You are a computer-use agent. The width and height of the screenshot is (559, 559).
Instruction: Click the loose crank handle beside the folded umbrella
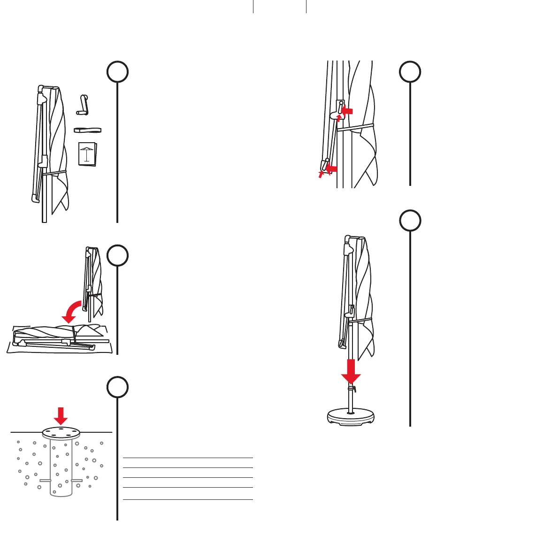coord(83,106)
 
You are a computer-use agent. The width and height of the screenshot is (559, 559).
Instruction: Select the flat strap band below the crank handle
coord(88,130)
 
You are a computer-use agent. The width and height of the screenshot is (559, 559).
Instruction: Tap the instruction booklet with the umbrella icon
coord(87,153)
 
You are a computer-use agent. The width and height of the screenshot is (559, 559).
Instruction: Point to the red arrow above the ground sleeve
coord(61,415)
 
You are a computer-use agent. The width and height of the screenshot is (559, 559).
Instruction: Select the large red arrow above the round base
coord(351,372)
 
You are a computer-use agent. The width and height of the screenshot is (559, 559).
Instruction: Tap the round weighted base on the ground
coord(350,417)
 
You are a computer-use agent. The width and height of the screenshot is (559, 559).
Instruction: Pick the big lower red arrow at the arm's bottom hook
coord(332,168)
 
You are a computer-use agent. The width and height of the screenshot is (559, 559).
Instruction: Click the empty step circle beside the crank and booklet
coord(117,72)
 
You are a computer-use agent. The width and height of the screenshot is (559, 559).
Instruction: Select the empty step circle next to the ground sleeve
coord(117,388)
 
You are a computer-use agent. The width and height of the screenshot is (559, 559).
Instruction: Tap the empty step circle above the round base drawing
coord(410,221)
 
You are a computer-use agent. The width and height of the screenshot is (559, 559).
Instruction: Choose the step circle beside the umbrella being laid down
coord(117,256)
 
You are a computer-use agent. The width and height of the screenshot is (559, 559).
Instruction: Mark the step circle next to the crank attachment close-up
coord(410,72)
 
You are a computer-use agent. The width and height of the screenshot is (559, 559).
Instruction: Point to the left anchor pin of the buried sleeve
coord(45,481)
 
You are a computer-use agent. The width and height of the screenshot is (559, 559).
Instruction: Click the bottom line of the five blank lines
coord(188,499)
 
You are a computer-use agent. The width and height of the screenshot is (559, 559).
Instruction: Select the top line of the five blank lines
coord(188,457)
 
